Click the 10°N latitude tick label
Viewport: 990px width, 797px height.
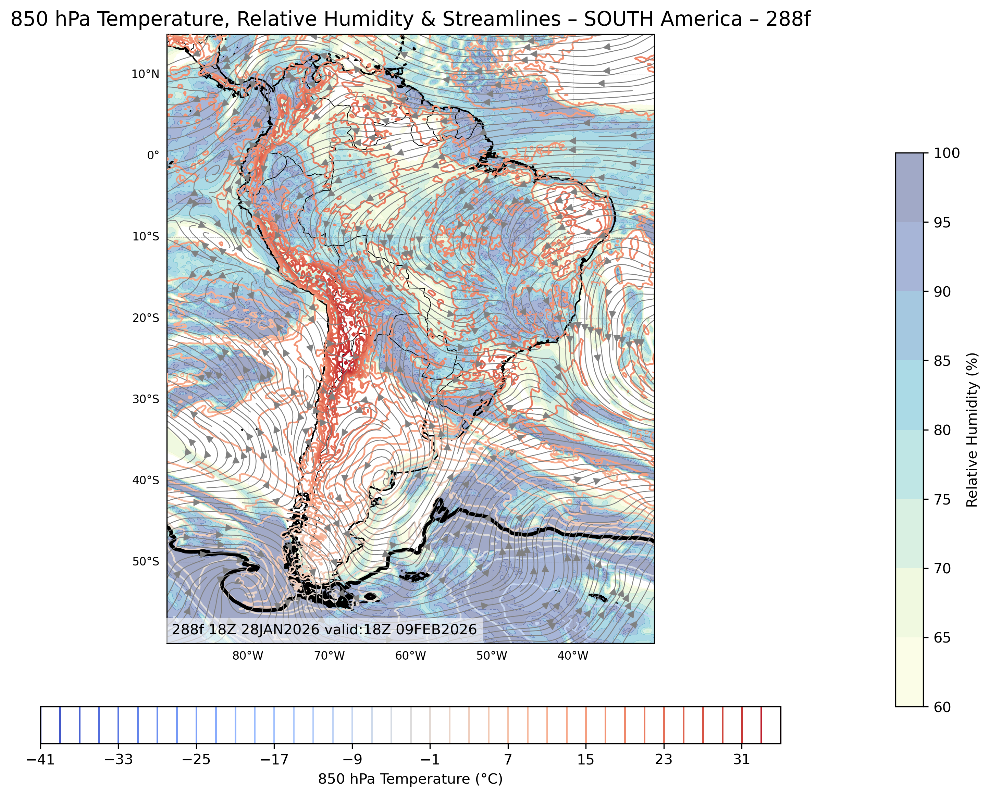(x=145, y=74)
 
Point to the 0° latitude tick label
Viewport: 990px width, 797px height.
(x=153, y=155)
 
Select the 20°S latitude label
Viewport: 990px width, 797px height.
(x=146, y=318)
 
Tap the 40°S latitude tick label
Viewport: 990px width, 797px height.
(x=146, y=480)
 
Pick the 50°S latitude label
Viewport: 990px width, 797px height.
(x=146, y=561)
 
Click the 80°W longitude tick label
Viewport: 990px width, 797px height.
(x=248, y=656)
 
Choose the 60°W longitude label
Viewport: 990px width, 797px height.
(x=410, y=656)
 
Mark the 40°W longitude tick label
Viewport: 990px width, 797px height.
(x=573, y=656)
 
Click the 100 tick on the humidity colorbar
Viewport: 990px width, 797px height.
(x=947, y=153)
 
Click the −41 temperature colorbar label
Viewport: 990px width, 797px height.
(x=40, y=760)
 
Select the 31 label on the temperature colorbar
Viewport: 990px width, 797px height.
(x=741, y=760)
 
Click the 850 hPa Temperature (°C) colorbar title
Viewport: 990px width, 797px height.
(x=410, y=780)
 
